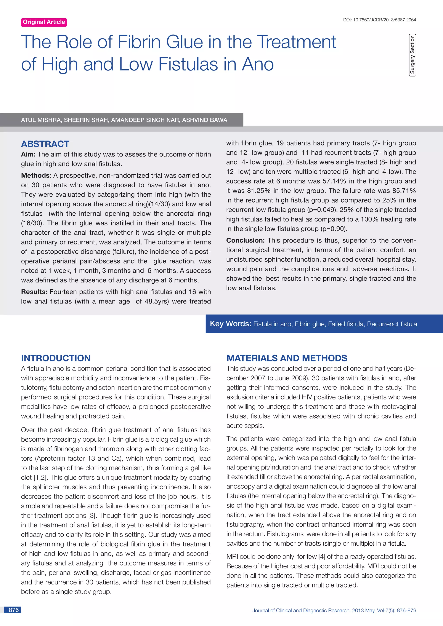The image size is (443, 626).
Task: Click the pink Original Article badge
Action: pos(44,22)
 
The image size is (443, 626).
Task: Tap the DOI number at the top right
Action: pos(379,20)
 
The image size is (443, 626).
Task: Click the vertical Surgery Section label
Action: pos(412,55)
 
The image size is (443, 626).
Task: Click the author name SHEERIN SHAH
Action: pos(86,120)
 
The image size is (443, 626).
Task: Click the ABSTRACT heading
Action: pos(45,144)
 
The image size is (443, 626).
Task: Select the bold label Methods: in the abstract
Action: pos(36,175)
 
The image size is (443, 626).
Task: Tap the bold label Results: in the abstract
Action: pos(34,292)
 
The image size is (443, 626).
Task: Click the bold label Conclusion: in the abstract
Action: pos(245,240)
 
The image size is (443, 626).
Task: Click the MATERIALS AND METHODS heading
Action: pos(287,358)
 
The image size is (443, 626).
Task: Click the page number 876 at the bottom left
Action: pos(14,610)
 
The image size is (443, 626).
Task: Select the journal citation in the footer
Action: pos(334,610)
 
